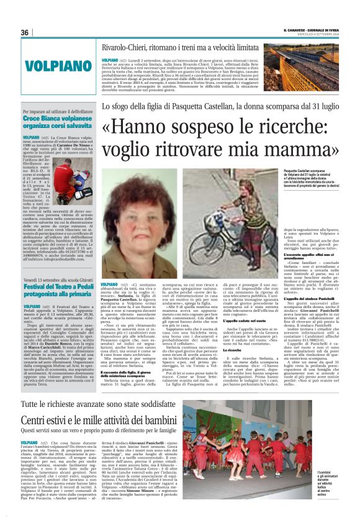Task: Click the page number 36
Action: click(x=25, y=32)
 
